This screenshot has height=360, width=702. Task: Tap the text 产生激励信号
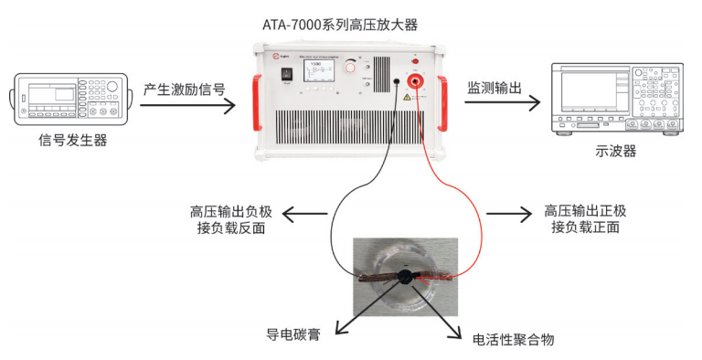click(184, 90)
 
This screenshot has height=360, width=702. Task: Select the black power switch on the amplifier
click(284, 72)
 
